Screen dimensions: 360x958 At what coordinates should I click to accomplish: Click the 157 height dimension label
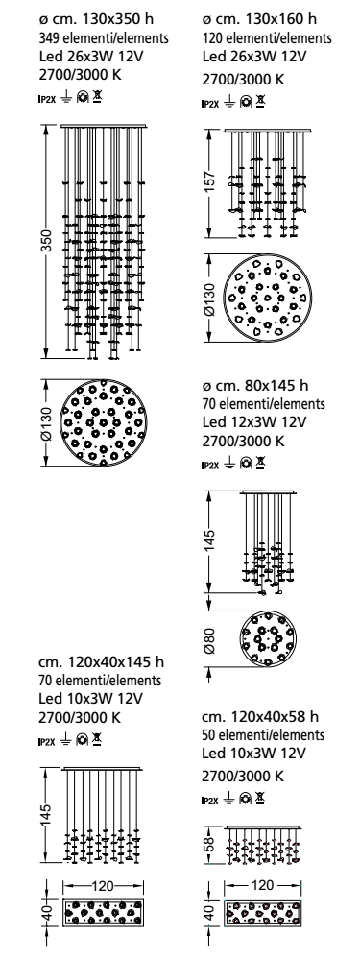coord(209,183)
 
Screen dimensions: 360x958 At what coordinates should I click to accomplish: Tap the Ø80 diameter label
coord(209,639)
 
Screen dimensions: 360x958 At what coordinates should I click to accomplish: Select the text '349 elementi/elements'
coord(104,37)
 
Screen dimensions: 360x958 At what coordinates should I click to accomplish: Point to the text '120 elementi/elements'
coord(267,37)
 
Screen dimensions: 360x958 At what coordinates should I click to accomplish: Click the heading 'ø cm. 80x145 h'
coord(255,386)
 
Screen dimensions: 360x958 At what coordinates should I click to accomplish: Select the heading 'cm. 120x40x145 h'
coord(101,662)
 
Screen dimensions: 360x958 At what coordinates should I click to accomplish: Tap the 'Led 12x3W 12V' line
coord(254,422)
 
